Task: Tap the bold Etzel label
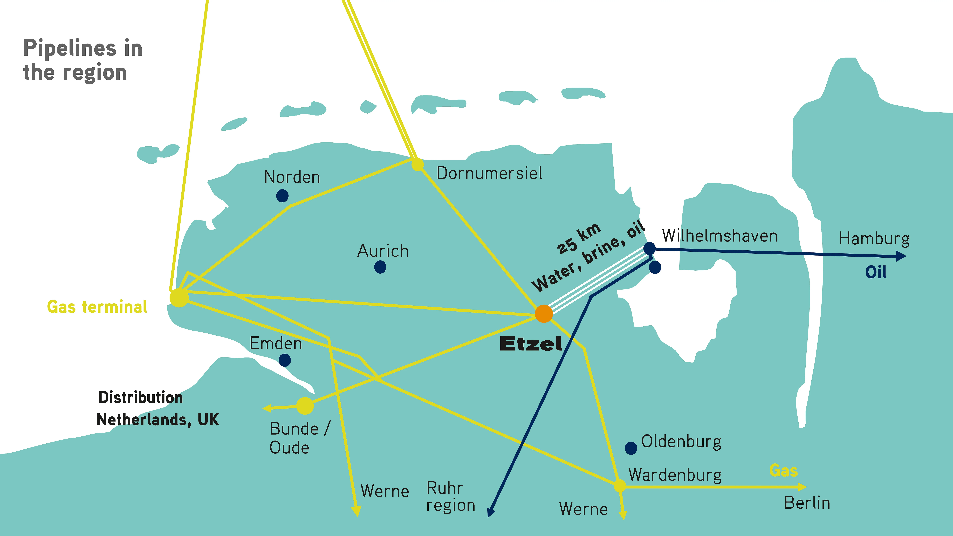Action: (x=531, y=344)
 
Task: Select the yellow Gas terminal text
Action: (x=97, y=307)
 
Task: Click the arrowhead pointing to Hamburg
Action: (x=901, y=256)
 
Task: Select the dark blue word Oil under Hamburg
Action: (x=876, y=273)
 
